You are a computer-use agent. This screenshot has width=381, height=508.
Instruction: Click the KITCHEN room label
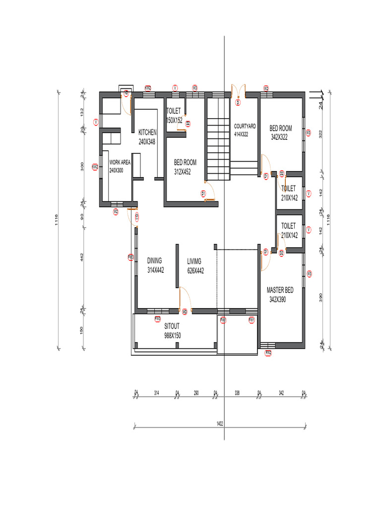click(x=147, y=132)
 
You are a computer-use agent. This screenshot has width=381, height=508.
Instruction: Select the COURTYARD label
click(x=245, y=127)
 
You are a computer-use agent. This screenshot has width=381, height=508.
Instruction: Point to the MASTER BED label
click(x=280, y=290)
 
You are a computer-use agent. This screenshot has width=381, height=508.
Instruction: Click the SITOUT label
click(x=172, y=326)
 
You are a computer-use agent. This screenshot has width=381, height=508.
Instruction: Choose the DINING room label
click(x=154, y=260)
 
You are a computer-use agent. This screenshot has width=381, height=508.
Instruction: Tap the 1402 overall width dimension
click(x=219, y=425)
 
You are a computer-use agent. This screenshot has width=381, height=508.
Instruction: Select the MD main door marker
click(x=185, y=312)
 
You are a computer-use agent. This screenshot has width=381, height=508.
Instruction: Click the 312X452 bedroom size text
click(x=183, y=172)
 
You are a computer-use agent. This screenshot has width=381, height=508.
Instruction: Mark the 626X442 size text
click(x=195, y=271)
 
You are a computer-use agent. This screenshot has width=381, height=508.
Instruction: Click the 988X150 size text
click(x=172, y=336)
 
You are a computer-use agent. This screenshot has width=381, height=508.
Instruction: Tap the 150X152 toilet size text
click(x=174, y=121)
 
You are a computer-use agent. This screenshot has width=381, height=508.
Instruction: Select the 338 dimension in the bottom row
click(x=237, y=393)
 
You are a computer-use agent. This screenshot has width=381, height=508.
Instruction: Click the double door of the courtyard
click(x=238, y=93)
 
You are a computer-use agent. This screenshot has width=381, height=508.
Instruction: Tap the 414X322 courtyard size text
click(x=241, y=134)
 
